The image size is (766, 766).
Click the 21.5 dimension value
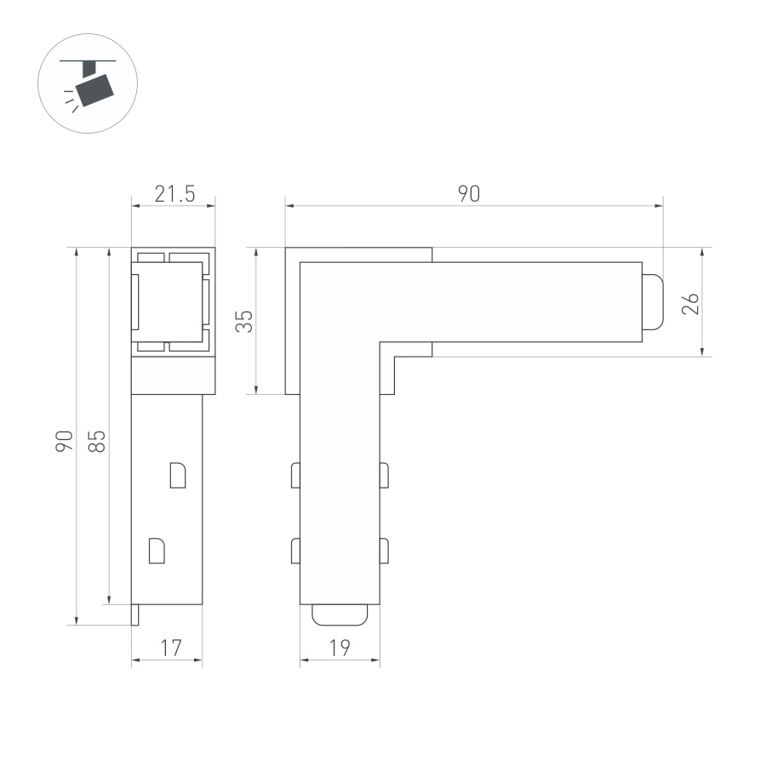(x=174, y=194)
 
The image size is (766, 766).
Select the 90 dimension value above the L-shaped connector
(x=469, y=194)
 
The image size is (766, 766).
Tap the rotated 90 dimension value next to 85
(x=64, y=440)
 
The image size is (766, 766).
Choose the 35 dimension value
(x=244, y=321)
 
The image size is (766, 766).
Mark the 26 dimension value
(x=690, y=303)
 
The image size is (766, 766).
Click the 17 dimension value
(x=170, y=649)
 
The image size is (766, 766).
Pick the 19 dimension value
(x=340, y=649)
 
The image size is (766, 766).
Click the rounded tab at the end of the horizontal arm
(x=652, y=302)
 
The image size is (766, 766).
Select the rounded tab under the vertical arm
(x=340, y=615)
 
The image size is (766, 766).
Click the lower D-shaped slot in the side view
(x=157, y=550)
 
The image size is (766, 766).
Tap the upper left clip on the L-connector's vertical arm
(x=295, y=475)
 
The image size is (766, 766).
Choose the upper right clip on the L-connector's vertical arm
(x=384, y=475)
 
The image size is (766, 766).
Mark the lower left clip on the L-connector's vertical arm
(x=295, y=551)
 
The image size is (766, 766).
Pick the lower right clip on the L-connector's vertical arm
(x=384, y=551)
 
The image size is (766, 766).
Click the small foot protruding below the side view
(x=134, y=615)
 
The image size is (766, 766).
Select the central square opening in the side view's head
(x=167, y=301)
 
